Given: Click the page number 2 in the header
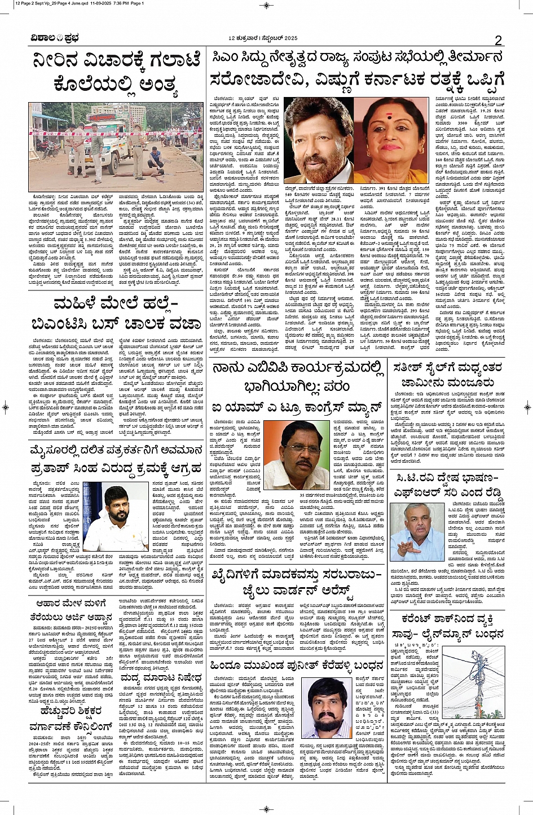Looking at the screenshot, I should [x=498, y=39].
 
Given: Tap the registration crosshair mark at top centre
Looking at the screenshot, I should [x=266, y=6].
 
